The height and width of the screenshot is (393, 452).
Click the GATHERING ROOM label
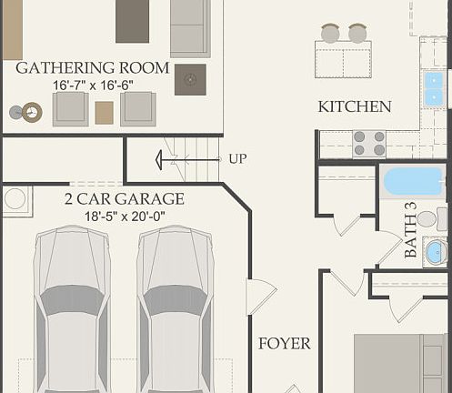(93, 68)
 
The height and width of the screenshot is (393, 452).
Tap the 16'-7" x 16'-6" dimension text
(93, 85)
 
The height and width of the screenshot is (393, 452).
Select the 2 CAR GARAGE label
(125, 199)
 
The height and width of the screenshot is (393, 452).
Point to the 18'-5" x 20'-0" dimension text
(125, 217)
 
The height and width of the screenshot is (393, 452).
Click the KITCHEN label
(355, 106)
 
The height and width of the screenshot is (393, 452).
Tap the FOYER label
(284, 344)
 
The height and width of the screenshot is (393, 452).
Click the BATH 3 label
(411, 230)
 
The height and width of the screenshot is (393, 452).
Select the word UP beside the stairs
(237, 159)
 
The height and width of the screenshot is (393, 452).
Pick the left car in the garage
(72, 309)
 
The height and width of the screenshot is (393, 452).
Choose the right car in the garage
(176, 309)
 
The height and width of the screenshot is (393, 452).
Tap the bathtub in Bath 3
(413, 181)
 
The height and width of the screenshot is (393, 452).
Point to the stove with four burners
(368, 144)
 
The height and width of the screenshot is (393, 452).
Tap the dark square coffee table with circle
(190, 80)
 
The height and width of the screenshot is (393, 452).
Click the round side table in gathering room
(32, 112)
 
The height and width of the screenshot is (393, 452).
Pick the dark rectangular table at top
(132, 20)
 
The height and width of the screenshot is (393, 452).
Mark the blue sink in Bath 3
(436, 252)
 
